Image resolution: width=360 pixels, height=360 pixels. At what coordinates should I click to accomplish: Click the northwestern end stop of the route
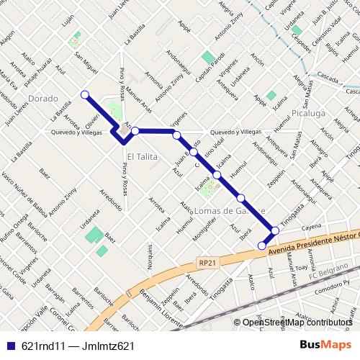coord(85,94)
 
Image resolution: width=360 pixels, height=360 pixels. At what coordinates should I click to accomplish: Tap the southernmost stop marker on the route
coord(262,246)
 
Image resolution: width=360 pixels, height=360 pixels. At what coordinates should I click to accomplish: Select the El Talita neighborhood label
coord(141,156)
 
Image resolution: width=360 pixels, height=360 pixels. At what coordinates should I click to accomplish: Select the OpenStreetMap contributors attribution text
coord(298,323)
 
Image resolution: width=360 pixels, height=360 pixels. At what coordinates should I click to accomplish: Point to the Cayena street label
coord(310,226)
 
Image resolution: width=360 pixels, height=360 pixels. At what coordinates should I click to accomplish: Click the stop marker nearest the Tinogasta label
coord(274,230)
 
